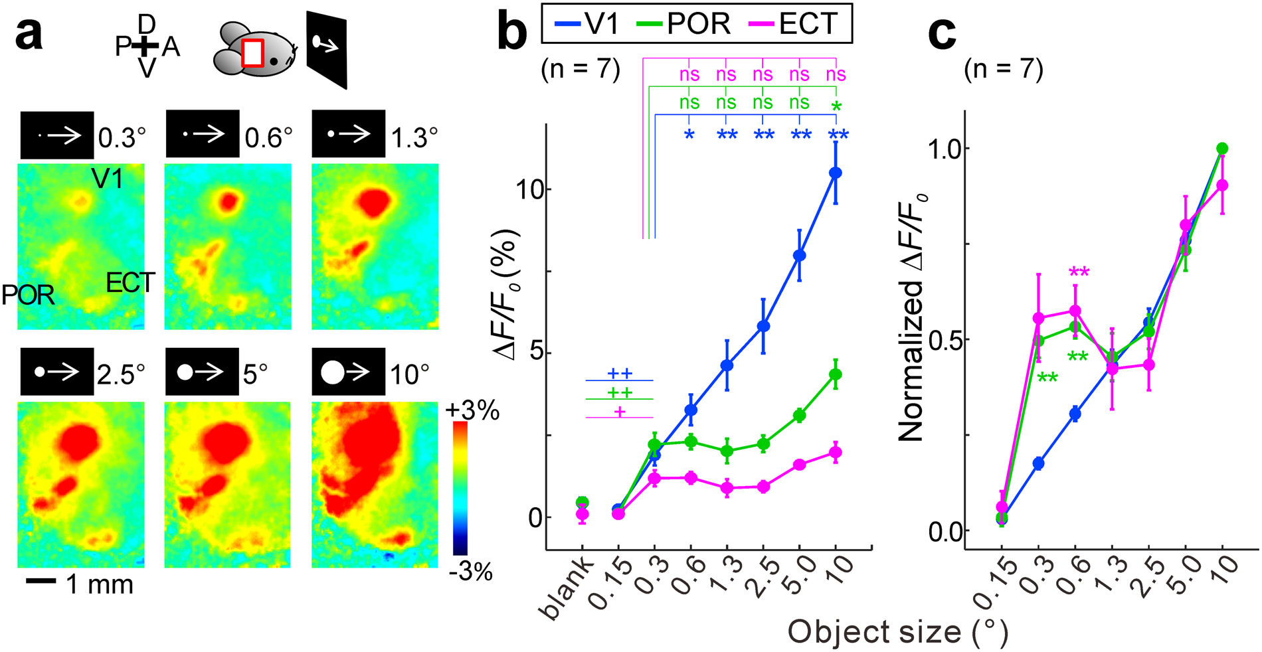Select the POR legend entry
[684, 25]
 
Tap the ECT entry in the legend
[794, 25]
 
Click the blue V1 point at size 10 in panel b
[836, 173]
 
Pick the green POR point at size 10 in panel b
[836, 374]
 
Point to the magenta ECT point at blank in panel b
[582, 514]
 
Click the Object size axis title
[897, 632]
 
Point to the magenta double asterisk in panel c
[1079, 273]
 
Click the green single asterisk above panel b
[836, 107]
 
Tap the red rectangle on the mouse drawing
[252, 53]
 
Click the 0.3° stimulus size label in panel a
[122, 137]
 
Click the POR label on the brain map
[28, 295]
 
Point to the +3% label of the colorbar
[472, 411]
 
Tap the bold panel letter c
[941, 33]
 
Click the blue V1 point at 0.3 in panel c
[1038, 463]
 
